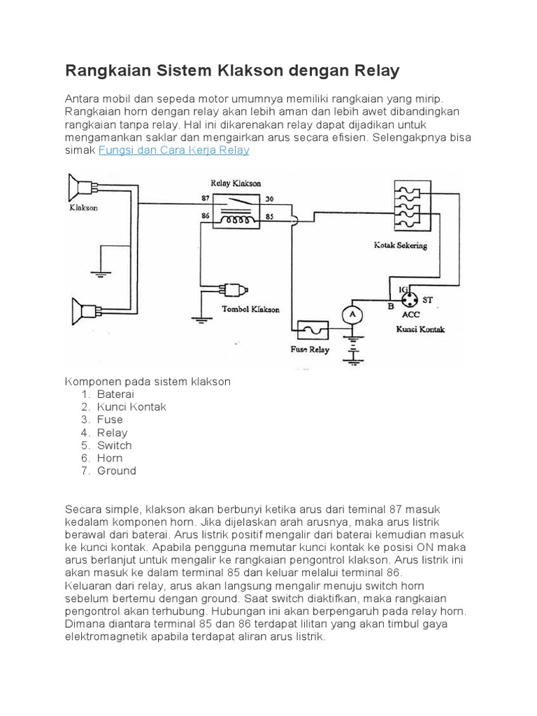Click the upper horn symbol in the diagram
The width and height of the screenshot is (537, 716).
click(x=80, y=187)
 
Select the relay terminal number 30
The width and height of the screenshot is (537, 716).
click(x=270, y=199)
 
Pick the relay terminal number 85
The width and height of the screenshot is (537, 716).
click(x=270, y=217)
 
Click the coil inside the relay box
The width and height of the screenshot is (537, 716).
click(x=238, y=220)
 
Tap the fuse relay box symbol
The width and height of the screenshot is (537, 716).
click(x=313, y=328)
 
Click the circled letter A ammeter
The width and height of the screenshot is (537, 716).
click(x=352, y=315)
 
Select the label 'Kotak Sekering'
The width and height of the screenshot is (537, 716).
click(x=401, y=246)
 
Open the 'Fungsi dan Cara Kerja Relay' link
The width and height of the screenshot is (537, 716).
click(x=174, y=150)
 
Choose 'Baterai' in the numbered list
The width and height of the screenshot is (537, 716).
click(x=115, y=394)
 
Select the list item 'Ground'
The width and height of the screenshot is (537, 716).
click(x=117, y=471)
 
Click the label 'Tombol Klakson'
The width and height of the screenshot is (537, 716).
click(x=250, y=308)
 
